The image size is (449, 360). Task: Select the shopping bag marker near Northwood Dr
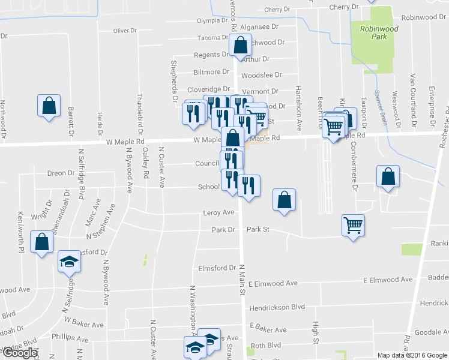(49, 106)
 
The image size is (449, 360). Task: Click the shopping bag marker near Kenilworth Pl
(41, 242)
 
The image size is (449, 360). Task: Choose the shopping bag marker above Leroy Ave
(284, 200)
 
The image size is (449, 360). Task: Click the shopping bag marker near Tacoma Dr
(240, 44)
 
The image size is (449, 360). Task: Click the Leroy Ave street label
(218, 212)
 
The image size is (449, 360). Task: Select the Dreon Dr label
(61, 173)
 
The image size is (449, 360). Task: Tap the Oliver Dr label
(125, 31)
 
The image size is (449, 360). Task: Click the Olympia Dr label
(213, 21)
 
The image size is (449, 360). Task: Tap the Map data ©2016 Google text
(412, 355)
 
